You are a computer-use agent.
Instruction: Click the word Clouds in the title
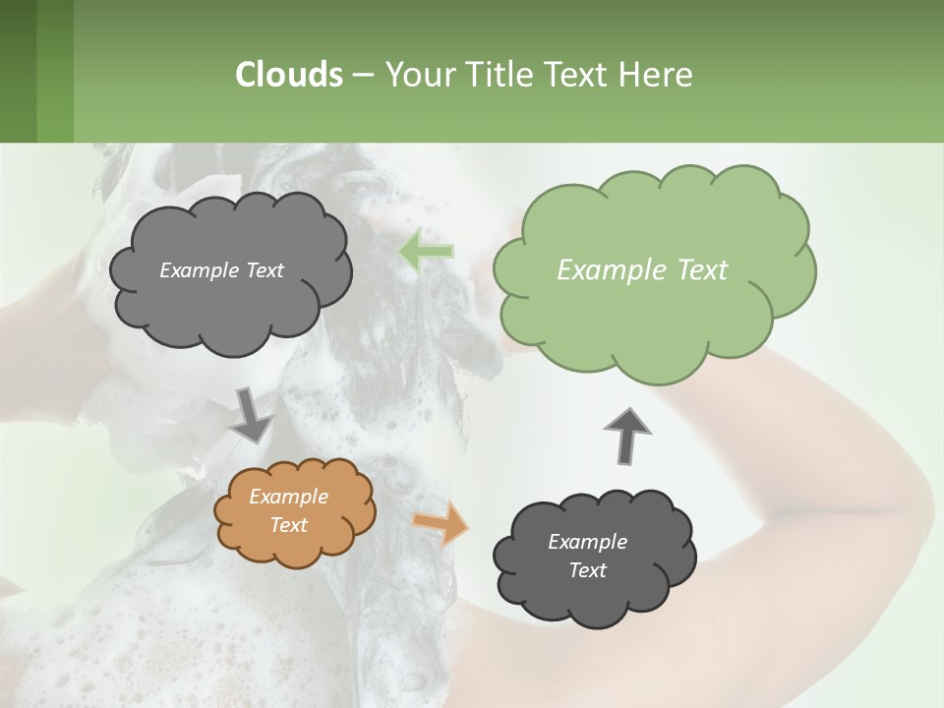pyautogui.click(x=288, y=75)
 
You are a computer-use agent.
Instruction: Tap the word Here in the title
pyautogui.click(x=658, y=75)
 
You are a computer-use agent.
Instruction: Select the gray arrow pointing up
pyautogui.click(x=625, y=435)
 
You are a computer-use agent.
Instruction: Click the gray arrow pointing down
pyautogui.click(x=252, y=415)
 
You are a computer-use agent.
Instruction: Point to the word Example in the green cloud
pyautogui.click(x=603, y=270)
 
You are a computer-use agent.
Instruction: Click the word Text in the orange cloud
pyautogui.click(x=289, y=525)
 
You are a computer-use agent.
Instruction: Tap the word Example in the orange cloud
pyautogui.click(x=289, y=497)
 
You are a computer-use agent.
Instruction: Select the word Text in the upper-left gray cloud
pyautogui.click(x=263, y=270)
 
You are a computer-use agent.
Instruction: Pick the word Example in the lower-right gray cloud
pyautogui.click(x=587, y=542)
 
